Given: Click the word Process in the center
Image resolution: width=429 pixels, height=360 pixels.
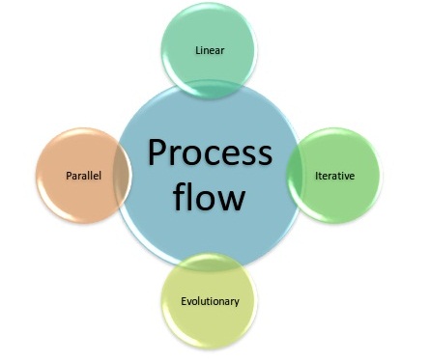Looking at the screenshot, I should point(210,153).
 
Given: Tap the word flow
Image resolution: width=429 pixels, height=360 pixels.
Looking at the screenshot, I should point(210,199).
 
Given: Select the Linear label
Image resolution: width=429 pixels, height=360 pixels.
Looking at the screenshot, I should point(209,50).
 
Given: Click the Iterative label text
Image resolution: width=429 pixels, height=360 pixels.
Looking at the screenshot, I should point(334,176).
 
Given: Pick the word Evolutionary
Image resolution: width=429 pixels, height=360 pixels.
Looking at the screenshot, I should point(210,301).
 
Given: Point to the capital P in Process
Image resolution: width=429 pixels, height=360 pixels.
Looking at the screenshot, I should point(155,153).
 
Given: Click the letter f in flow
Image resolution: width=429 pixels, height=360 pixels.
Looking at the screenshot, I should point(180,198).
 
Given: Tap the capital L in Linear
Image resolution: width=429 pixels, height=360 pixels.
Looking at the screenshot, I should point(196,50).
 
